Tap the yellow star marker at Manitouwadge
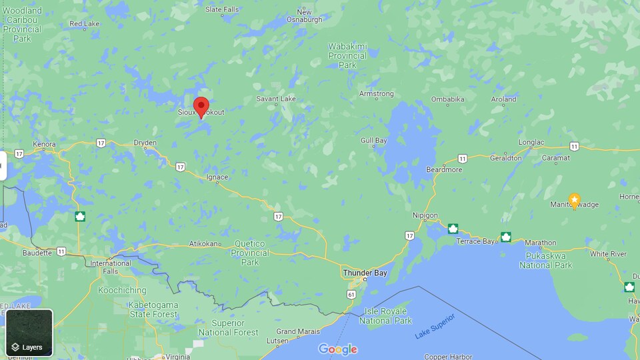(x=574, y=200)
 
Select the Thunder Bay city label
(x=364, y=273)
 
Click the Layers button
(x=29, y=333)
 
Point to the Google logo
(x=337, y=349)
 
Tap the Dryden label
(x=145, y=143)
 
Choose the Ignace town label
(x=217, y=177)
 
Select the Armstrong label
(x=377, y=94)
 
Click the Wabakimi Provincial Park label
(x=347, y=56)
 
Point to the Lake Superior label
(x=434, y=326)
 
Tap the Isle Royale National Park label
(x=385, y=316)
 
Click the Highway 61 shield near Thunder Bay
(x=351, y=293)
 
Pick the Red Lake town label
(x=85, y=24)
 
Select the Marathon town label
(x=540, y=243)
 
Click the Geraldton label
(x=506, y=158)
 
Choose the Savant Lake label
(x=276, y=99)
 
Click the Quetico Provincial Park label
(x=250, y=253)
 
